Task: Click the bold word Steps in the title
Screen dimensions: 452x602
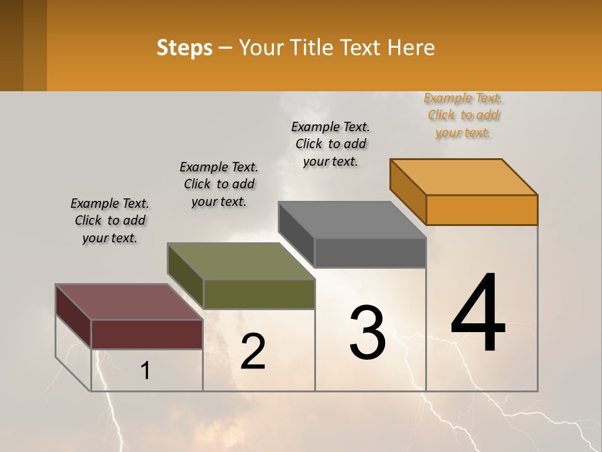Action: click(184, 48)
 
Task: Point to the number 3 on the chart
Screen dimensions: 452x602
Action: click(367, 332)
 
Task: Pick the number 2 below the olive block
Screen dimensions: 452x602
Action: click(253, 352)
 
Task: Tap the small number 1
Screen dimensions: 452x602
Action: click(145, 371)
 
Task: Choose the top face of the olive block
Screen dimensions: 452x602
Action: click(241, 261)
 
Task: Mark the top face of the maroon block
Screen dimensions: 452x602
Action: click(129, 302)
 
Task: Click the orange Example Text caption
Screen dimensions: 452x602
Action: click(463, 116)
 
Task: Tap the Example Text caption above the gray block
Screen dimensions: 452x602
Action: click(330, 144)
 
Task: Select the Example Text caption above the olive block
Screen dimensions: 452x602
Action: click(219, 184)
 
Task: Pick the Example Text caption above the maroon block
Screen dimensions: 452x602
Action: click(110, 220)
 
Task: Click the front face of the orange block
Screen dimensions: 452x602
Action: click(482, 210)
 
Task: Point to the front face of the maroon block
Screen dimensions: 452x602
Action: click(147, 334)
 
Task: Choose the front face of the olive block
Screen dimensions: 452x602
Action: click(258, 294)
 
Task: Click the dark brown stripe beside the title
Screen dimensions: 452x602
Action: click(12, 45)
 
